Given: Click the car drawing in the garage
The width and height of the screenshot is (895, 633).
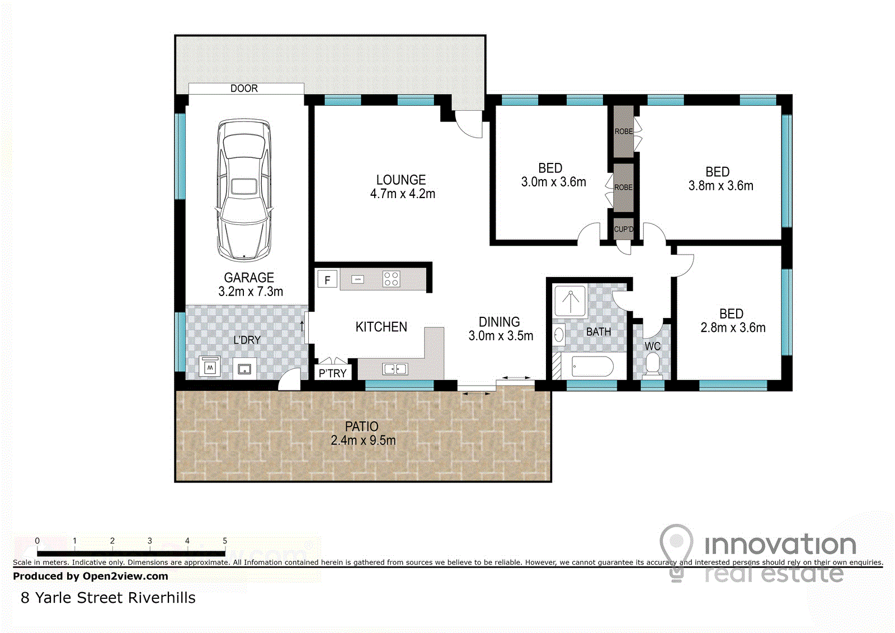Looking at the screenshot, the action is click(x=244, y=190).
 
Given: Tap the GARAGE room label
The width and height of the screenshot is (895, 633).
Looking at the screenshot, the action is click(x=249, y=278).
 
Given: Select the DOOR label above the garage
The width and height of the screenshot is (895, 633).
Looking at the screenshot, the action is click(x=244, y=88).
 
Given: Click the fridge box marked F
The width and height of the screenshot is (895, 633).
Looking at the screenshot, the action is click(x=327, y=279).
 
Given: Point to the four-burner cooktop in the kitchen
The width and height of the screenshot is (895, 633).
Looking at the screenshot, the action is click(x=391, y=279).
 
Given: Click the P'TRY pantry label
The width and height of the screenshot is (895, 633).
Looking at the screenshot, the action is click(x=332, y=373).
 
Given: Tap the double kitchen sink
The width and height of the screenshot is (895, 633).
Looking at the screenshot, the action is click(x=395, y=369).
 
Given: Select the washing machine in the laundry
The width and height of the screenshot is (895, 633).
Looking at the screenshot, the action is click(x=210, y=367).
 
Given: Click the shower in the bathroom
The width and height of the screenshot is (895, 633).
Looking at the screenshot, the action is click(x=570, y=301).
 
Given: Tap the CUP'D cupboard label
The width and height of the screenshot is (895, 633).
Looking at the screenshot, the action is click(x=624, y=229).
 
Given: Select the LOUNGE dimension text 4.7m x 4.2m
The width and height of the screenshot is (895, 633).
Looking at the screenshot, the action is click(x=403, y=194).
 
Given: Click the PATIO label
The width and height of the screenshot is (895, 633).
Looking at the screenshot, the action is click(x=361, y=426).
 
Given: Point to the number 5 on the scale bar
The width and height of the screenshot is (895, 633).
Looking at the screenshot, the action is click(x=225, y=541).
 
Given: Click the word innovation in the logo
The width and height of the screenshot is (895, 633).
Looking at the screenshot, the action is click(x=780, y=544).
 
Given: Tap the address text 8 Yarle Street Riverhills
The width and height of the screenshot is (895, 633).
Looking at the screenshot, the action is click(x=109, y=598).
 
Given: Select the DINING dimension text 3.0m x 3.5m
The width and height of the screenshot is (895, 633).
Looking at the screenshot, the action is click(x=501, y=336).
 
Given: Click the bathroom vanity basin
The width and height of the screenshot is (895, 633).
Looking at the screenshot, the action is click(x=559, y=335).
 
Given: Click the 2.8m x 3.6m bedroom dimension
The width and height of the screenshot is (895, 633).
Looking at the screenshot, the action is click(x=733, y=328).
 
